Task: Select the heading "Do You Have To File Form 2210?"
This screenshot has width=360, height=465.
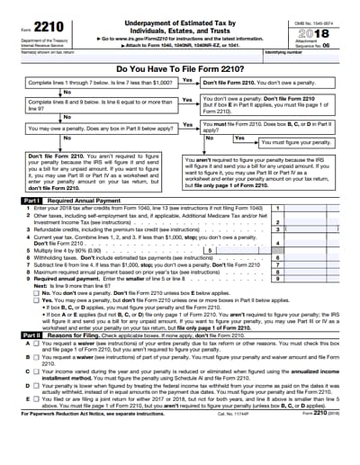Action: (x=180, y=67)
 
